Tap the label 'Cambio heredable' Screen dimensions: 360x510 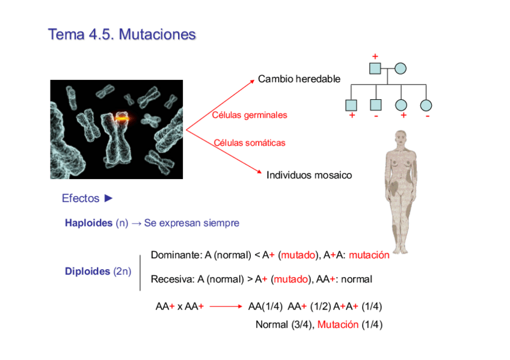point(299,79)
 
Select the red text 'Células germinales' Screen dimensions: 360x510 point(250,115)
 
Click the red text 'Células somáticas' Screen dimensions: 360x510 point(250,143)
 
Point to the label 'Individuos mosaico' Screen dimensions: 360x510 point(309,175)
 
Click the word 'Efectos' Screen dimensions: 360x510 point(80,198)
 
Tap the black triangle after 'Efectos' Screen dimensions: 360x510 point(108,198)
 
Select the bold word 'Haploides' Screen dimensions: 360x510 point(88,223)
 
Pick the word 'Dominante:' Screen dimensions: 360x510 point(176,255)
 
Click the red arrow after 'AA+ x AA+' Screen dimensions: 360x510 point(226,307)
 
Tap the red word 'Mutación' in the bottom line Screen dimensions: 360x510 point(338,325)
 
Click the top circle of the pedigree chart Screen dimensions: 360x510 point(401,69)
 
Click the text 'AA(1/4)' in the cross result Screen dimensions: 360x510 point(265,307)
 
